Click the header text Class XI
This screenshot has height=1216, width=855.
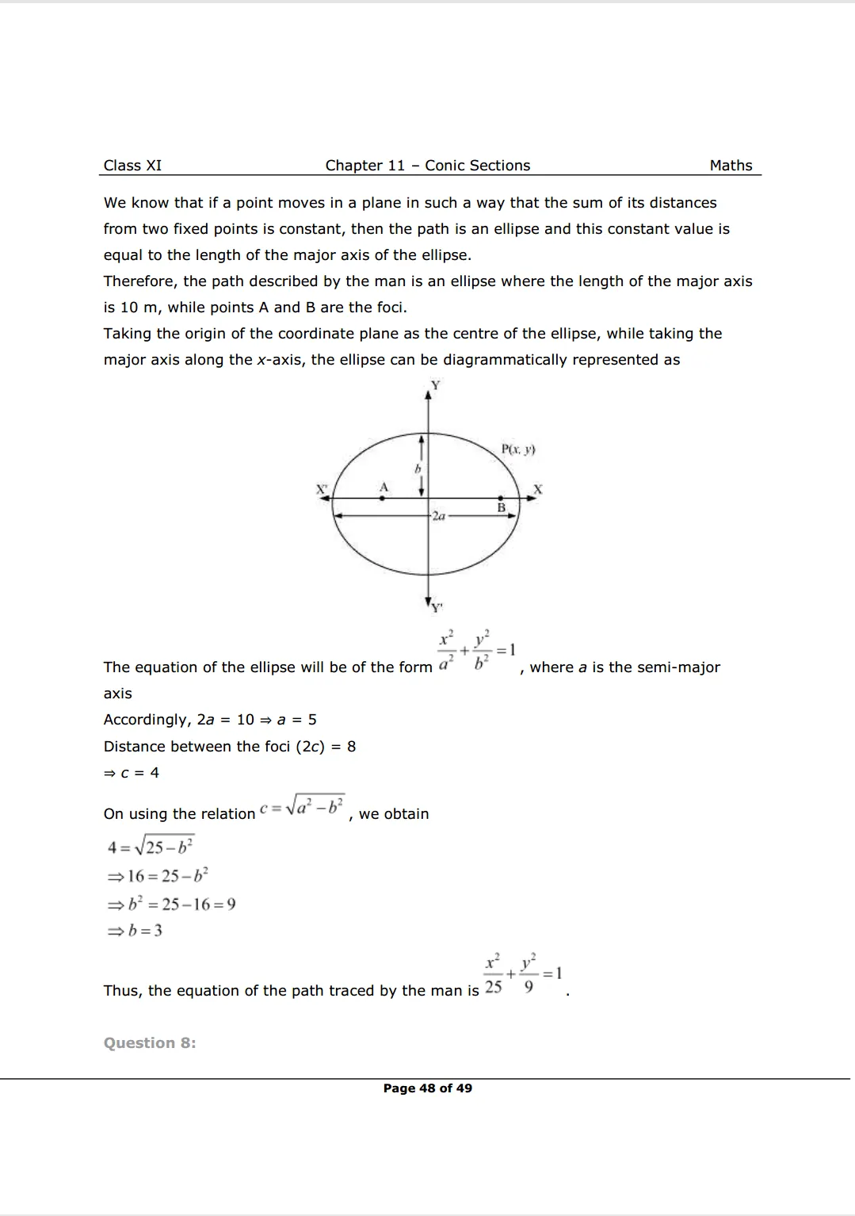(132, 166)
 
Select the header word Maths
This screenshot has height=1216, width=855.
(731, 166)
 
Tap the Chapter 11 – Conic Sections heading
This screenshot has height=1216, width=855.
(427, 166)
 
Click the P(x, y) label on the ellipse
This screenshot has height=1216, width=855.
(518, 449)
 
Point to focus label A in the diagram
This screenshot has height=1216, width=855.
(384, 487)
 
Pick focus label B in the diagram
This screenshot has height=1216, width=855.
(501, 507)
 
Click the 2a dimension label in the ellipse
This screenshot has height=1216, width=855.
(438, 516)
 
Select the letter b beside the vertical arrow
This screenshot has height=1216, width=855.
(417, 469)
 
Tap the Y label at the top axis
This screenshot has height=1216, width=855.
(435, 385)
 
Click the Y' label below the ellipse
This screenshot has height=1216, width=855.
(437, 608)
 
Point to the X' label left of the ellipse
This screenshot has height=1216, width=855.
(322, 489)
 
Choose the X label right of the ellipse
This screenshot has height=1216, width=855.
(537, 489)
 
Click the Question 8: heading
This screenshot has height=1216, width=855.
(150, 1043)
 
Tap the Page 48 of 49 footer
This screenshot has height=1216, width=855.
(427, 1088)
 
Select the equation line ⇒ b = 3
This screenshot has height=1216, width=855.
(135, 931)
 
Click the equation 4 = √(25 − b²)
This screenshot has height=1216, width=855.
(151, 847)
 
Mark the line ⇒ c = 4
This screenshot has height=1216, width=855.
(132, 773)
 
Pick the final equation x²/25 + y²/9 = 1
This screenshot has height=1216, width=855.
(523, 974)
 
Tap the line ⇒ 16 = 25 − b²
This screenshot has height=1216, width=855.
(158, 876)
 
